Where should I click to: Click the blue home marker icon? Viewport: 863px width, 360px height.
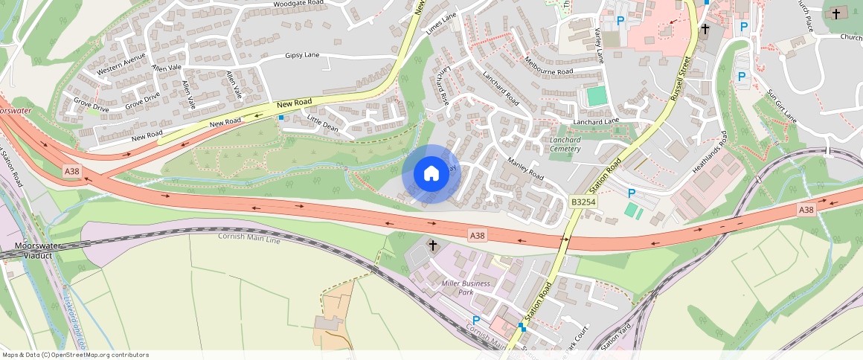pyautogui.click(x=431, y=174)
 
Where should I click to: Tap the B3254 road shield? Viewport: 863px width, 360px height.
pyautogui.click(x=585, y=202)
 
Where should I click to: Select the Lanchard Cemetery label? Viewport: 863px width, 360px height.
pyautogui.click(x=565, y=144)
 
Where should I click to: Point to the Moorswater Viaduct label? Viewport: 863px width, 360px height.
pyautogui.click(x=39, y=250)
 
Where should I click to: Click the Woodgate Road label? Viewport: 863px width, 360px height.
pyautogui.click(x=299, y=4)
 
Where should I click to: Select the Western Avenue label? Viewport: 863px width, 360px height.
pyautogui.click(x=121, y=65)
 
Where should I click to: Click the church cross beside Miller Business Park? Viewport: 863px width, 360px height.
pyautogui.click(x=432, y=245)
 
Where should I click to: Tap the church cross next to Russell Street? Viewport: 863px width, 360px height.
pyautogui.click(x=705, y=30)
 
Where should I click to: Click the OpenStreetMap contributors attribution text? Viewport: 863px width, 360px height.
pyautogui.click(x=74, y=355)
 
